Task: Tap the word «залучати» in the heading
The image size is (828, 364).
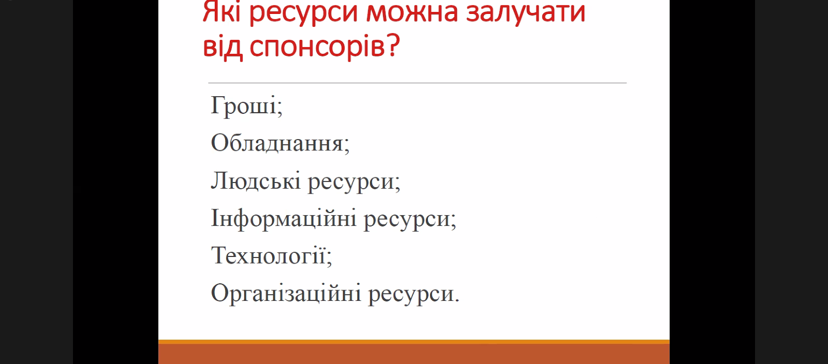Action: point(526,13)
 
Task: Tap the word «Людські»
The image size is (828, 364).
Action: point(256,180)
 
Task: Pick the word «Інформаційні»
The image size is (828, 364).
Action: point(284,219)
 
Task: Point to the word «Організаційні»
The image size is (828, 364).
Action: point(286,294)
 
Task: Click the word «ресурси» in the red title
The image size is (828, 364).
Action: point(303,14)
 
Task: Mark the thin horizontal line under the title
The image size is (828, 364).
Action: point(417,83)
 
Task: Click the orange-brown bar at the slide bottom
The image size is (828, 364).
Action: point(414,352)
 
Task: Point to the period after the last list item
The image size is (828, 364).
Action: point(457,301)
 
